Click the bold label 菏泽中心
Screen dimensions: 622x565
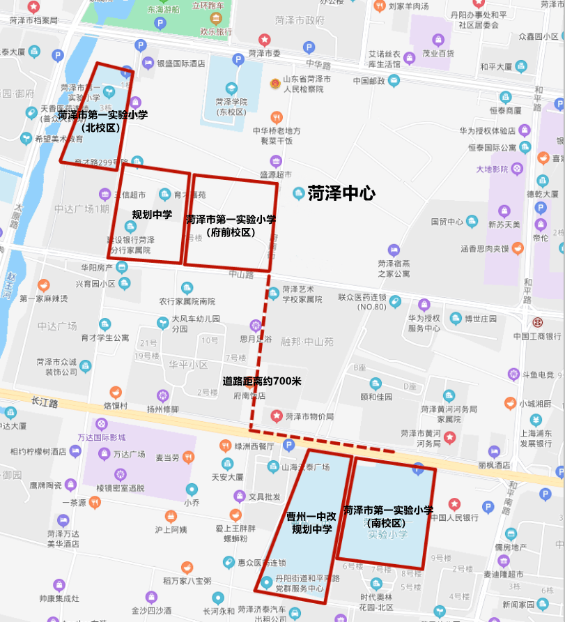341,193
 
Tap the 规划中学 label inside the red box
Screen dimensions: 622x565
153,214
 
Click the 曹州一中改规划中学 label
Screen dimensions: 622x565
311,523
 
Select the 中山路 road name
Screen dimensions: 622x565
240,274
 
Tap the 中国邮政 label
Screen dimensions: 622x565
369,81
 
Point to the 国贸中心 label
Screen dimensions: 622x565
447,222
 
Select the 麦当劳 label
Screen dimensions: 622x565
168,458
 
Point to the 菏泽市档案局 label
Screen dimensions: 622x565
34,20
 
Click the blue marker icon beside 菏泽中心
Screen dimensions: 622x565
298,192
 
